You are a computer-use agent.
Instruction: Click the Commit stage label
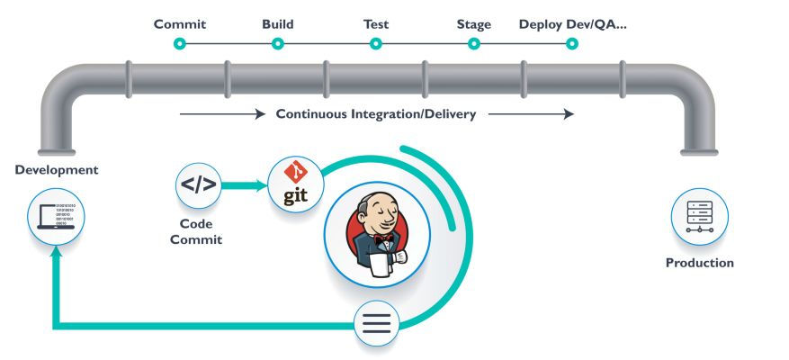point(180,24)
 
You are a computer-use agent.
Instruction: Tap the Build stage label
point(278,24)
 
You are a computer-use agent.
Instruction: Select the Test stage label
point(376,24)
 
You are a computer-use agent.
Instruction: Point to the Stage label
point(473,24)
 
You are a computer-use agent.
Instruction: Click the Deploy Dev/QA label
point(572,24)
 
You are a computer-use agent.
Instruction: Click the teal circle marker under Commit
point(180,42)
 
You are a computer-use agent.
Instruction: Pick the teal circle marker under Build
point(278,42)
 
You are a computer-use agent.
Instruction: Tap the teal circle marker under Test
point(376,42)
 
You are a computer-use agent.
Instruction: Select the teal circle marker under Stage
point(473,42)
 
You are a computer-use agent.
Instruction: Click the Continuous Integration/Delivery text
point(376,114)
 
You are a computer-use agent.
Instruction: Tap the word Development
point(57,170)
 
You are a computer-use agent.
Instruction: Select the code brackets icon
point(198,185)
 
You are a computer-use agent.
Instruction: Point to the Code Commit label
point(196,231)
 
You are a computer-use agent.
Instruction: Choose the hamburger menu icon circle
point(377,323)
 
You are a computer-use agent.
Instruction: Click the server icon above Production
point(699,217)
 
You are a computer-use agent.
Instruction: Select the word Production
point(699,263)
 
